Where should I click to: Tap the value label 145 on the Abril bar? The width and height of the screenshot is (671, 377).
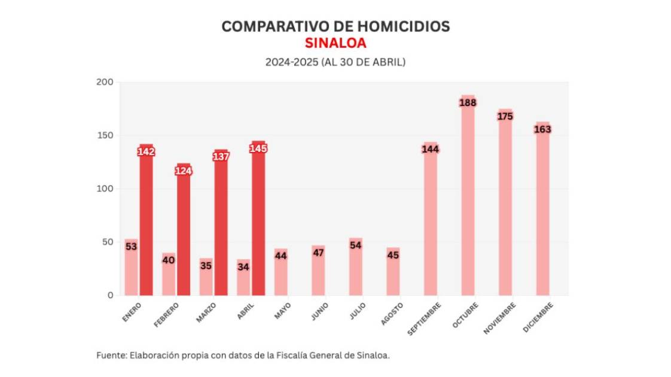(x=258, y=148)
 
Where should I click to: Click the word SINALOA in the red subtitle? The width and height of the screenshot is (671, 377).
(x=335, y=43)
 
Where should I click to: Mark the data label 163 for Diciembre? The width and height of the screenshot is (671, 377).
(x=542, y=129)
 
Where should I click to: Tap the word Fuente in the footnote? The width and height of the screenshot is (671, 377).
(x=111, y=355)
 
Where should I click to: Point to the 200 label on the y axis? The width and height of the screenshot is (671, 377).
(x=104, y=82)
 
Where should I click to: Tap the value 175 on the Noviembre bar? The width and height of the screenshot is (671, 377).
(x=505, y=116)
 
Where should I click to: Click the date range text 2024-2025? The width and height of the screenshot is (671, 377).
(x=292, y=62)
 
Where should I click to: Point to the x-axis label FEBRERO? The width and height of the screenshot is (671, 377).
(x=167, y=314)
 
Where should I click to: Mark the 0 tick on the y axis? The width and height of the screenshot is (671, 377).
(x=110, y=295)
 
